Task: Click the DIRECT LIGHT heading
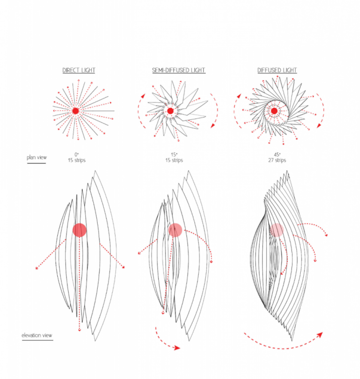tap(78, 70)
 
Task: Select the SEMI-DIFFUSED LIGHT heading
tap(178, 70)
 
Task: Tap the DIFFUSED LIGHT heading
tap(277, 70)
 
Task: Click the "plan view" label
tap(37, 157)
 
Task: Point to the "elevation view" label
tap(37, 336)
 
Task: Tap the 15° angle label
tap(177, 154)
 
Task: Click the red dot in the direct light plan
tap(75, 111)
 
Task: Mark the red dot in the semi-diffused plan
tap(170, 111)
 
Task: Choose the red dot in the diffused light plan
tap(275, 111)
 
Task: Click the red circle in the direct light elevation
tap(79, 230)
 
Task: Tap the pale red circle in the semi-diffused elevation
tap(175, 229)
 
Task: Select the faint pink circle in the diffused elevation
tap(276, 229)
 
